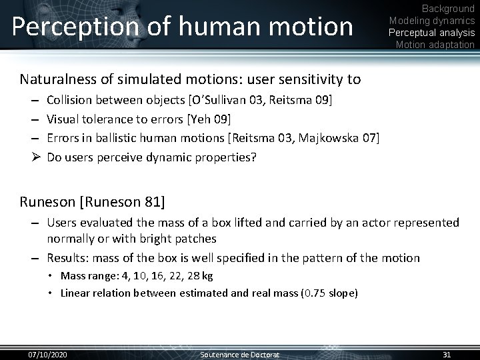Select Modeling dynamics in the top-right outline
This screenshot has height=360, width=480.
432,21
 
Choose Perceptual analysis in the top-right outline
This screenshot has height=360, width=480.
432,33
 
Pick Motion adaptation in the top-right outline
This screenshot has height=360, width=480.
435,45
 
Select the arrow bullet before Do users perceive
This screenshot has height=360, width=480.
34,157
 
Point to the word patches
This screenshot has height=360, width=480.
196,238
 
